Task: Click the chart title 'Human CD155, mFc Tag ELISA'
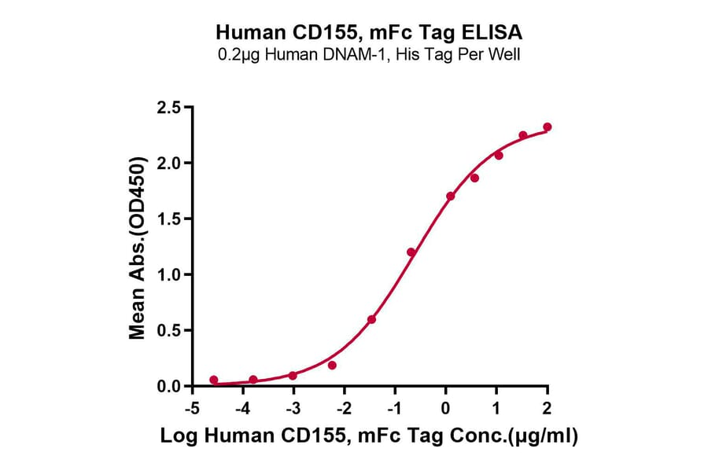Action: coord(368,33)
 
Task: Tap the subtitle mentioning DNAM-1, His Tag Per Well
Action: coord(368,54)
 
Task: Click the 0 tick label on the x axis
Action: coord(445,409)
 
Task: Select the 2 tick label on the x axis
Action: coord(548,409)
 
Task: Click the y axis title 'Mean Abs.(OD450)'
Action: coord(138,247)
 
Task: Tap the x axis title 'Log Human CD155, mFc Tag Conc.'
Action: coord(368,437)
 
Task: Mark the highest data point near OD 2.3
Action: coord(548,127)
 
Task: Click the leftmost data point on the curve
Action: coord(214,380)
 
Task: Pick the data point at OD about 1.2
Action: coord(411,252)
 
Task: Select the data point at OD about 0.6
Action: coord(371,319)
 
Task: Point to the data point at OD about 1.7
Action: coord(450,196)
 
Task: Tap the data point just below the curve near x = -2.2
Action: coord(332,365)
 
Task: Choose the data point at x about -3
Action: coord(293,375)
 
